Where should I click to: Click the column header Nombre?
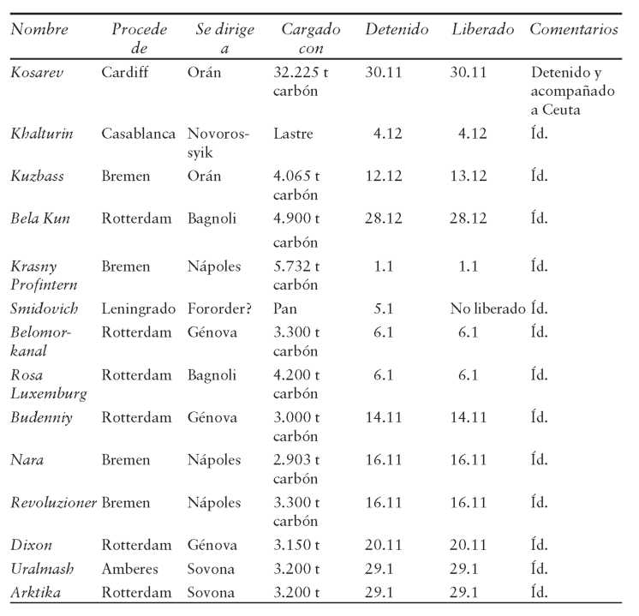[39, 29]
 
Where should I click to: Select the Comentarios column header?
[574, 29]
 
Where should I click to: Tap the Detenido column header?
[397, 29]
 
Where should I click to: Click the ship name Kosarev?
[37, 72]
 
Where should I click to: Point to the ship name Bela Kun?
[40, 218]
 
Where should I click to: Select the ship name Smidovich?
[44, 308]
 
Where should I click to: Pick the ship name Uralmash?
[42, 568]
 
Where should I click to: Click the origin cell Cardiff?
[125, 72]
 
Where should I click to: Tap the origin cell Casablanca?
[138, 134]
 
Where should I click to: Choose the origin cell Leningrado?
[139, 308]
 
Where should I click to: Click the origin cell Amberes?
[129, 568]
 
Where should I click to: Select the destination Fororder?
[219, 308]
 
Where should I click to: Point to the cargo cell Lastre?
[293, 134]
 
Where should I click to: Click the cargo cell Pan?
[285, 308]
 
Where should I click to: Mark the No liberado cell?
[487, 308]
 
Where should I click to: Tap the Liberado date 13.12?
[469, 176]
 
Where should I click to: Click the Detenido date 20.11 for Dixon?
[383, 545]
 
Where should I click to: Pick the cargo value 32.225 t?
[301, 72]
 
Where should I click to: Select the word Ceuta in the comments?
[561, 110]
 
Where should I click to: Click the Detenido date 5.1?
[384, 308]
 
